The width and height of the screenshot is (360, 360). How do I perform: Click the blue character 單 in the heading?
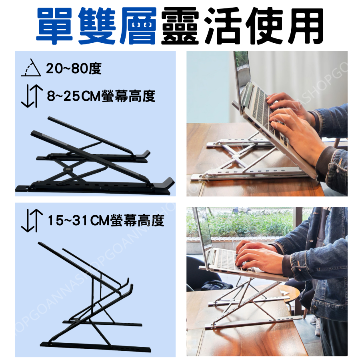coord(57,26)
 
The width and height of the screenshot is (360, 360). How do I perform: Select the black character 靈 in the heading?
coord(179,26)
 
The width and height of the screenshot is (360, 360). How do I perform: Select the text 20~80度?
coord(74,69)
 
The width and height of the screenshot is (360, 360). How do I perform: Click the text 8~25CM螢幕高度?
coord(101,96)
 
